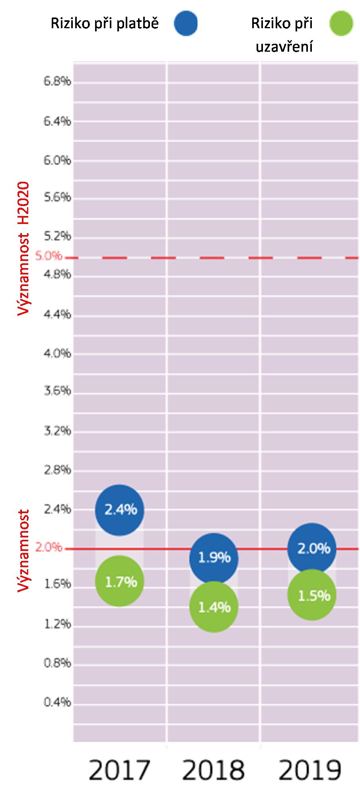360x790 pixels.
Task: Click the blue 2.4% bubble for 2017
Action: click(119, 510)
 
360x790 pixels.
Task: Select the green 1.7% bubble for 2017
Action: click(119, 581)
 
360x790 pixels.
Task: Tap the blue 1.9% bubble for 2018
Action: click(214, 558)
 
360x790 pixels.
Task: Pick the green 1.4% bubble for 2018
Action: click(214, 607)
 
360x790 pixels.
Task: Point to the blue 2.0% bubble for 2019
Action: click(312, 549)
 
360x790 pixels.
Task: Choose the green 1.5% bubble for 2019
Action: click(312, 595)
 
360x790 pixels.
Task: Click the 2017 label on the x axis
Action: click(119, 770)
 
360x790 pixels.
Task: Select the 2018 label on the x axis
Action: click(214, 770)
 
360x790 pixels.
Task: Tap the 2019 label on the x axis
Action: click(311, 770)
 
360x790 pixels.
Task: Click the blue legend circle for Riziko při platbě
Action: click(185, 23)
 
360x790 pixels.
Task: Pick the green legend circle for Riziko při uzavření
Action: click(341, 23)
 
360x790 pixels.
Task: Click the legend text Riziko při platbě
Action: click(105, 24)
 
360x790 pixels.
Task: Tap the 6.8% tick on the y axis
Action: click(57, 82)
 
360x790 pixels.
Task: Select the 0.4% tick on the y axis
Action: click(57, 702)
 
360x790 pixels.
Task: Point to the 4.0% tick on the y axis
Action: click(57, 353)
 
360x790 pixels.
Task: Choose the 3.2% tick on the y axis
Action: click(57, 431)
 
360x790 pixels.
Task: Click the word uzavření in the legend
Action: click(284, 47)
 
